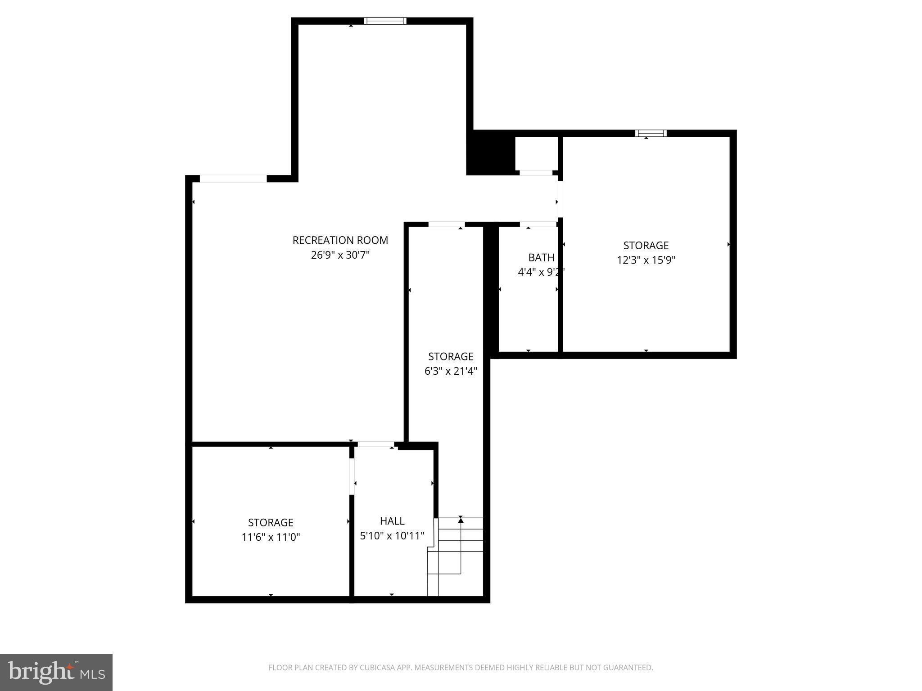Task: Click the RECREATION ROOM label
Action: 340,240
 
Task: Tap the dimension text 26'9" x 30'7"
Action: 340,255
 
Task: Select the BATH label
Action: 541,257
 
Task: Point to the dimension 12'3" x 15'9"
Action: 646,260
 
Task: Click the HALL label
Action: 392,521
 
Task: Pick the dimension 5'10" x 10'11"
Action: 392,536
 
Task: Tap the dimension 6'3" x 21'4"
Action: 450,371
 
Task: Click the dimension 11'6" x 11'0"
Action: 271,537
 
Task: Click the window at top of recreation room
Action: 385,21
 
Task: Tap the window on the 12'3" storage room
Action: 651,133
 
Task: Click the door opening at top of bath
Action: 538,224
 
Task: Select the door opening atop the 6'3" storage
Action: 446,224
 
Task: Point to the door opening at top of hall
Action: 375,444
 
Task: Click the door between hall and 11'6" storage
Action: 352,476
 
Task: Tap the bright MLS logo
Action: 56,672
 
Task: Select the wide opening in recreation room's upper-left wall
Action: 233,179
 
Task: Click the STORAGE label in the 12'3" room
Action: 646,245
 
